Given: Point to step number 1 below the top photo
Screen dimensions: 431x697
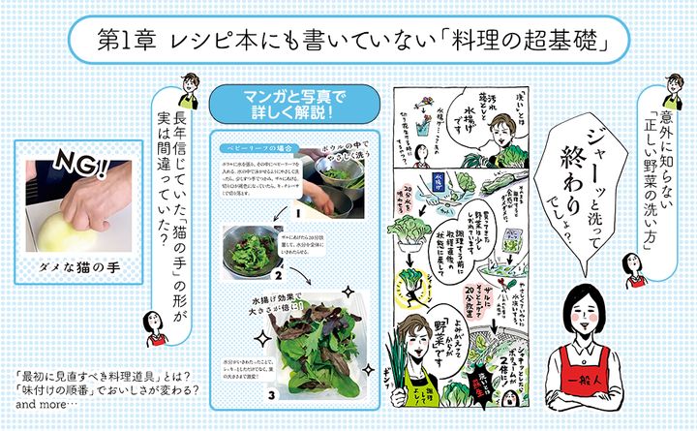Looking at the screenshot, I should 301,207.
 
